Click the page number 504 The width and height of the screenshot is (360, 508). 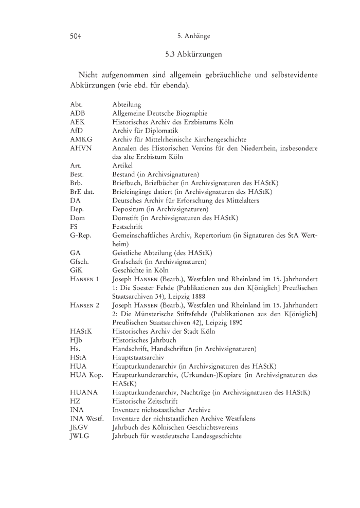[77, 37]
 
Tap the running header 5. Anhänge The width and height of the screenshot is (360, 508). [193, 37]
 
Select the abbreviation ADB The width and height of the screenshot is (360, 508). [78, 113]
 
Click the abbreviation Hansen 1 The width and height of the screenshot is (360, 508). [84, 279]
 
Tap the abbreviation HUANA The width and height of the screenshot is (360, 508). [83, 392]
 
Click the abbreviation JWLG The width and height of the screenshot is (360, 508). [80, 436]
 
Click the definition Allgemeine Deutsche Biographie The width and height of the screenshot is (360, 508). [159, 113]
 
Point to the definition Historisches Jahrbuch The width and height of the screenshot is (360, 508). [144, 340]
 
